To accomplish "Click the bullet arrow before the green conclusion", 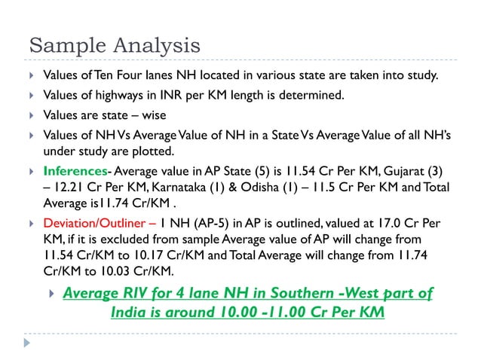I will tap(51, 293).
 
